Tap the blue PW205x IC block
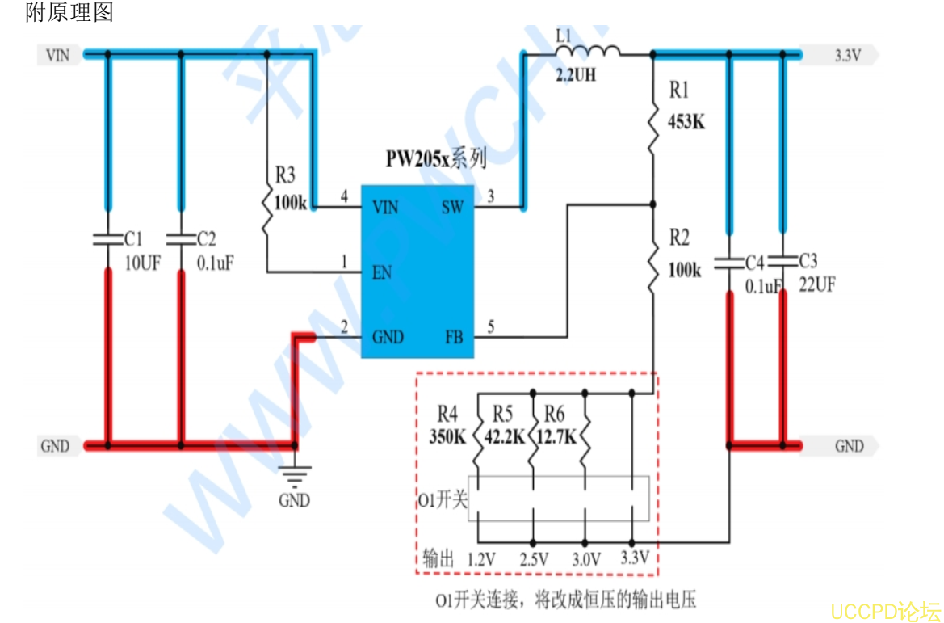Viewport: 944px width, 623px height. (x=417, y=270)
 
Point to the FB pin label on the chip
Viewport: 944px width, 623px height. (x=454, y=336)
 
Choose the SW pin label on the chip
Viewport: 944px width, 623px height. (x=452, y=208)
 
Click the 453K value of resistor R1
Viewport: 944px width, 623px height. (x=686, y=123)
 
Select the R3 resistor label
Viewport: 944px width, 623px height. (x=284, y=175)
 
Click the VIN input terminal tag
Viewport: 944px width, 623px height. (x=58, y=55)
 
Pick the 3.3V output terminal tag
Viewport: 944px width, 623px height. (x=847, y=56)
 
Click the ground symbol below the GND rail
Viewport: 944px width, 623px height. (x=295, y=477)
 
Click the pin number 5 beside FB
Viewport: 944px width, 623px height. (x=490, y=327)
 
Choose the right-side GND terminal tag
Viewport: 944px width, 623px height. (x=849, y=446)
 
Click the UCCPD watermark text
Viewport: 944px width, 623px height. (x=886, y=609)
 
